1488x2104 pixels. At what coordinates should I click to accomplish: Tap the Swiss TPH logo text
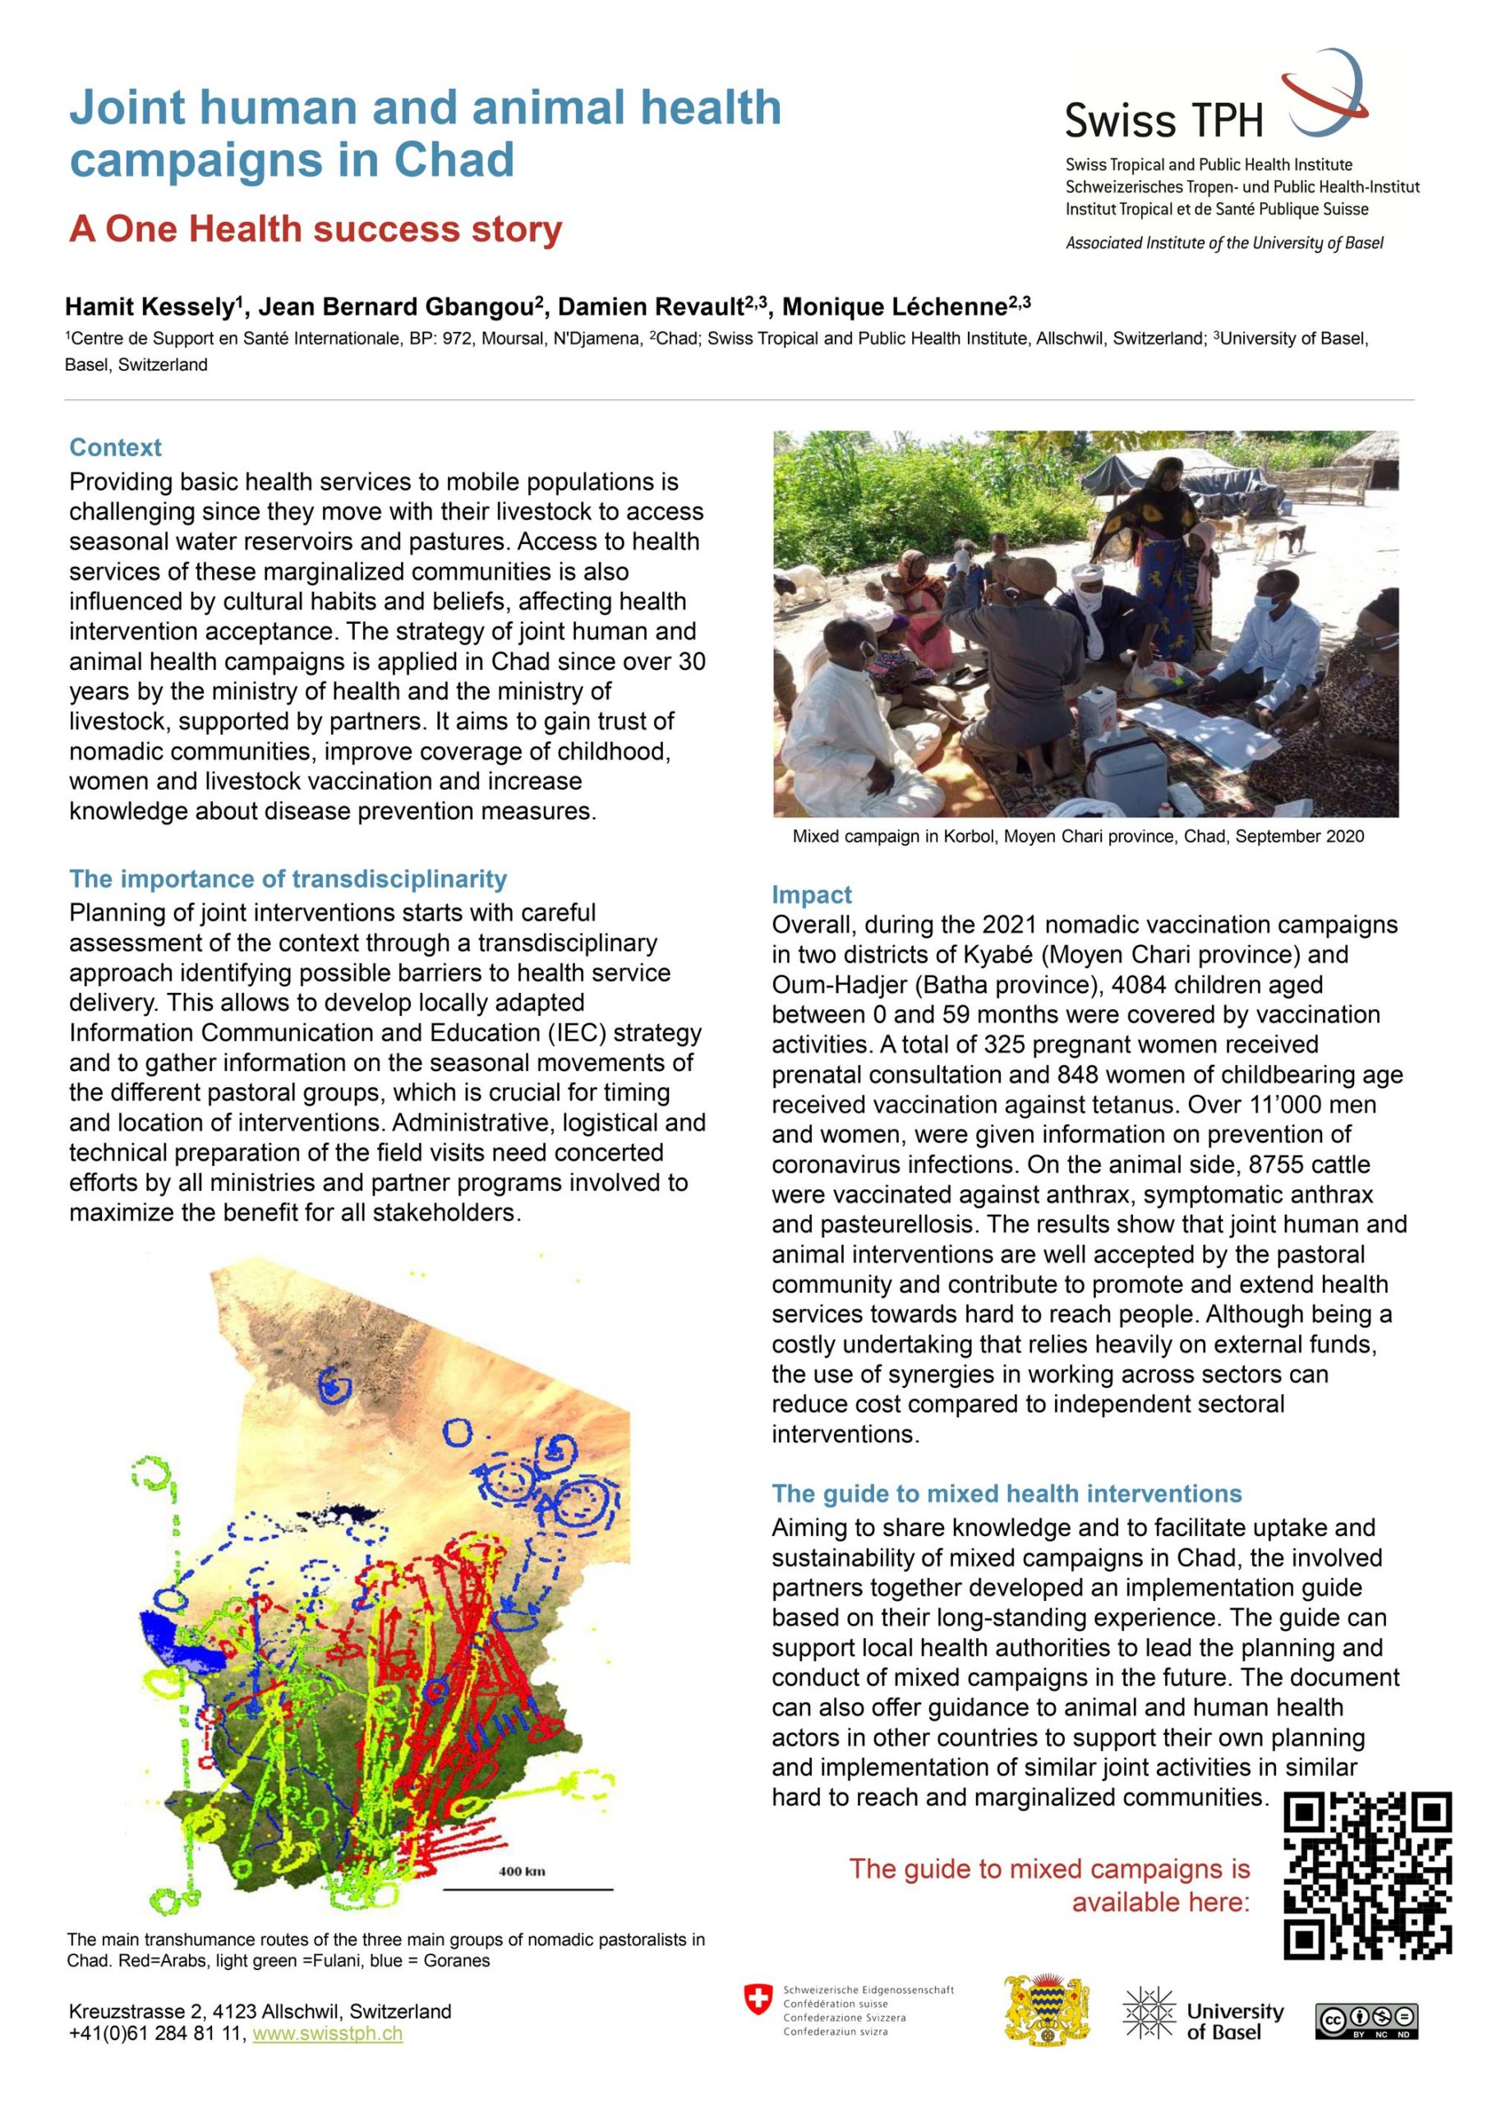coord(1163,120)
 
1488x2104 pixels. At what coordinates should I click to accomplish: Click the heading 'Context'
coord(116,447)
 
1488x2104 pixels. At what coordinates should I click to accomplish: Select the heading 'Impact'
coord(811,894)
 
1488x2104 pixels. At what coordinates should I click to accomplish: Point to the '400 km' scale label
coord(522,1871)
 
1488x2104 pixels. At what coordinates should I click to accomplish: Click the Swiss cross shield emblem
coord(757,2000)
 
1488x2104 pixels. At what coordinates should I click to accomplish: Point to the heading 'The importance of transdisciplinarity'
coord(288,879)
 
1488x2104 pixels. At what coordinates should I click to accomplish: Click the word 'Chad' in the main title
coord(454,160)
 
